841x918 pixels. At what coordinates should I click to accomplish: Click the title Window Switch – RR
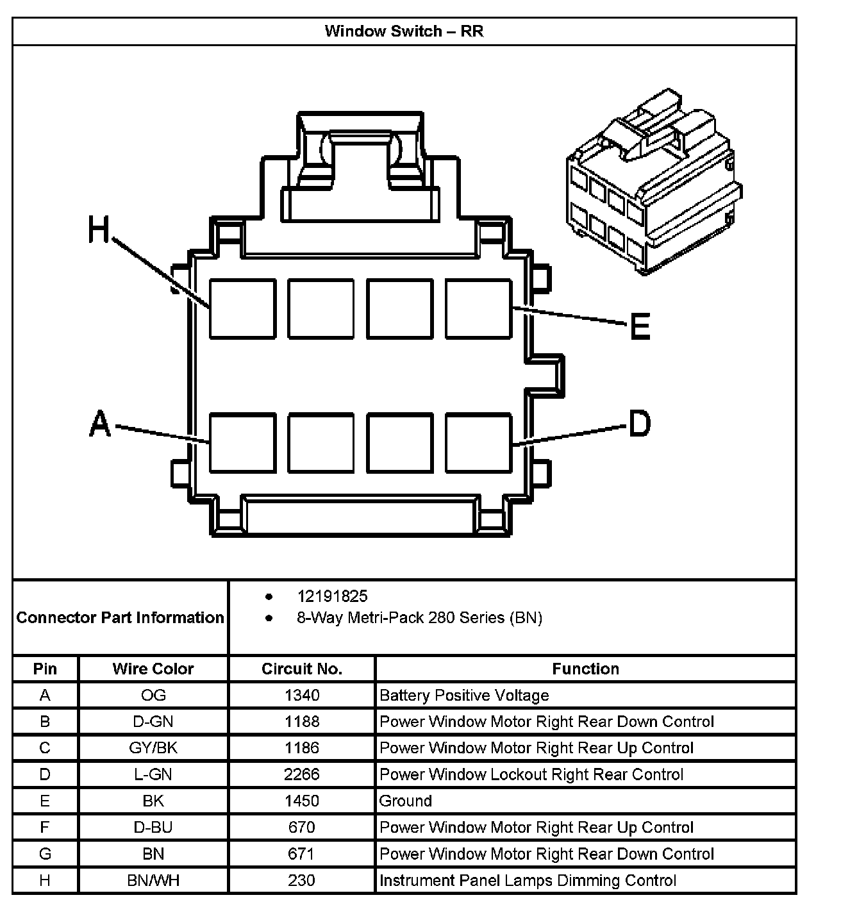click(404, 31)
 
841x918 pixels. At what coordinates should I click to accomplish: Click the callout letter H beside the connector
click(99, 229)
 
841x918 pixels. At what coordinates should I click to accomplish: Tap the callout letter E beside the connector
click(640, 326)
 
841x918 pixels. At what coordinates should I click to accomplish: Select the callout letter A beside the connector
click(100, 424)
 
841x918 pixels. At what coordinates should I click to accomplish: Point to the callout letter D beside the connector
click(639, 424)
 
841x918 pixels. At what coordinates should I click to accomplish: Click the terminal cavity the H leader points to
click(242, 308)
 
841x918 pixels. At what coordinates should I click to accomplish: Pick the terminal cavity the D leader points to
click(478, 443)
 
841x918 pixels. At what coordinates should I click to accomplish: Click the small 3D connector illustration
click(653, 183)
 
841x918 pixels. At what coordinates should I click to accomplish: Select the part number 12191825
click(332, 596)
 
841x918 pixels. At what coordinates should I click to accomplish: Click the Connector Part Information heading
click(121, 617)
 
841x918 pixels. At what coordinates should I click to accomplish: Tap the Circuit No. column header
click(302, 669)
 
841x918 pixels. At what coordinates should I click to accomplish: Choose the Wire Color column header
click(153, 669)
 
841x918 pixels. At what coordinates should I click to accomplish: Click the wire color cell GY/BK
click(153, 748)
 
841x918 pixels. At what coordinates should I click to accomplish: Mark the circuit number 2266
click(302, 774)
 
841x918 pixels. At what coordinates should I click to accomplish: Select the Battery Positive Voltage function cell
click(464, 696)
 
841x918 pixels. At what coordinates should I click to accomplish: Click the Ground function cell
click(406, 801)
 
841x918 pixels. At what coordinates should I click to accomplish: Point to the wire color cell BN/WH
click(153, 880)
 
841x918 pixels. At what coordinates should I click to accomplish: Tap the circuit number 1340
click(302, 696)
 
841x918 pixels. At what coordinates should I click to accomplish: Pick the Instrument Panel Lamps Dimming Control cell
click(528, 880)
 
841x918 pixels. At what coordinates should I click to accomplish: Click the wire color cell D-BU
click(153, 828)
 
